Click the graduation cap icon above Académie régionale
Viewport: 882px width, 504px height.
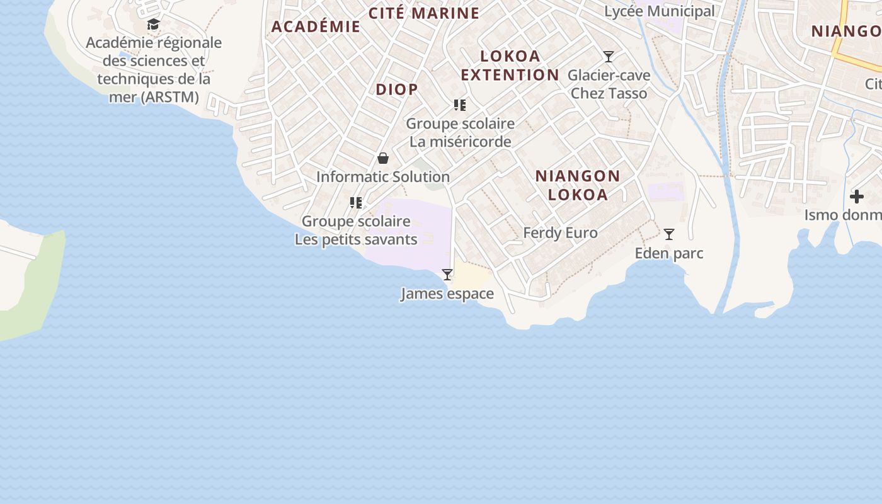point(153,25)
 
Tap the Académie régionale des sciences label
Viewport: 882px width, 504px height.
point(153,69)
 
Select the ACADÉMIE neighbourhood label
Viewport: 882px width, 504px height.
point(316,26)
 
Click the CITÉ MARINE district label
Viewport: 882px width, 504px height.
point(424,13)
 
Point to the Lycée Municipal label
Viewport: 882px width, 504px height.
point(660,11)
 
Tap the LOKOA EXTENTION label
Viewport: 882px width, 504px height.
point(510,66)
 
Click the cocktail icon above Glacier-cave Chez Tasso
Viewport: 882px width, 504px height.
point(609,57)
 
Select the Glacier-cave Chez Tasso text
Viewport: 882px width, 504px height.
point(609,84)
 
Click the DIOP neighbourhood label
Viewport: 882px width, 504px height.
point(397,89)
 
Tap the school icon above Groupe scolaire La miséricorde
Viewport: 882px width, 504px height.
point(460,105)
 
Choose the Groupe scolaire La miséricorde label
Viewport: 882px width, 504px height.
point(460,132)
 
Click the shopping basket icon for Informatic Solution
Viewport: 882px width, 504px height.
point(383,158)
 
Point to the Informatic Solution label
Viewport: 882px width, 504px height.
point(383,177)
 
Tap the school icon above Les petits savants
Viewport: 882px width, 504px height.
point(356,203)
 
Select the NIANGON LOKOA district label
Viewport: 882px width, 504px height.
point(578,185)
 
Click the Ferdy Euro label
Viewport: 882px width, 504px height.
point(560,233)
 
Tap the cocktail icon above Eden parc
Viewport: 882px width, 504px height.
point(669,234)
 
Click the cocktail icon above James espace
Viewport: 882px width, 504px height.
point(447,275)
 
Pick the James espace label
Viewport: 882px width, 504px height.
point(447,294)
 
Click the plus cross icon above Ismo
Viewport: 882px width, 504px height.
point(857,197)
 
